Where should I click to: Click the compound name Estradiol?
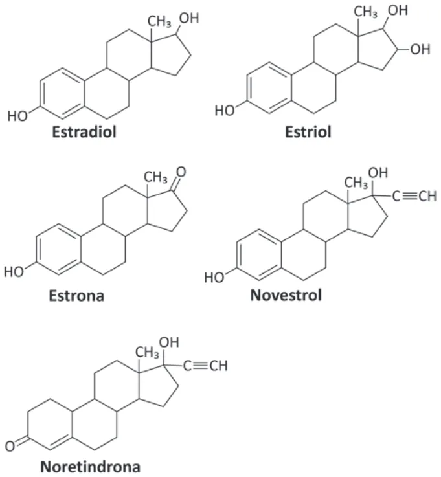point(84,132)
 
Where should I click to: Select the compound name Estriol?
point(308,132)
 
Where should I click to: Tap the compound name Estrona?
point(76,296)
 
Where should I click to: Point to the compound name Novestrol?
point(286,295)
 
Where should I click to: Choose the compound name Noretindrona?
point(91,467)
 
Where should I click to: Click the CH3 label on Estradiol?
point(159,22)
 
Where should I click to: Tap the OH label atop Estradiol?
point(189,18)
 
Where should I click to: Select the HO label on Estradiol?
point(17,116)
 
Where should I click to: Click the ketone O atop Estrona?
point(181,172)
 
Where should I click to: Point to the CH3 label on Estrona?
point(155,177)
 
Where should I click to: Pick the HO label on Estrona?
point(14,272)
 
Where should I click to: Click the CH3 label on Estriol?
point(365,12)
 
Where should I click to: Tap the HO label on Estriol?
point(225,111)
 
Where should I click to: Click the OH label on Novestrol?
point(378,173)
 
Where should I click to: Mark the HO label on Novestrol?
point(214,278)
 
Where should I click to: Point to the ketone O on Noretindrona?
point(10,447)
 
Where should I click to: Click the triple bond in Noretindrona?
point(201,366)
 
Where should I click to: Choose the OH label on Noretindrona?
point(169,342)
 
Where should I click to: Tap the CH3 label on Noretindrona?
point(147,353)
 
